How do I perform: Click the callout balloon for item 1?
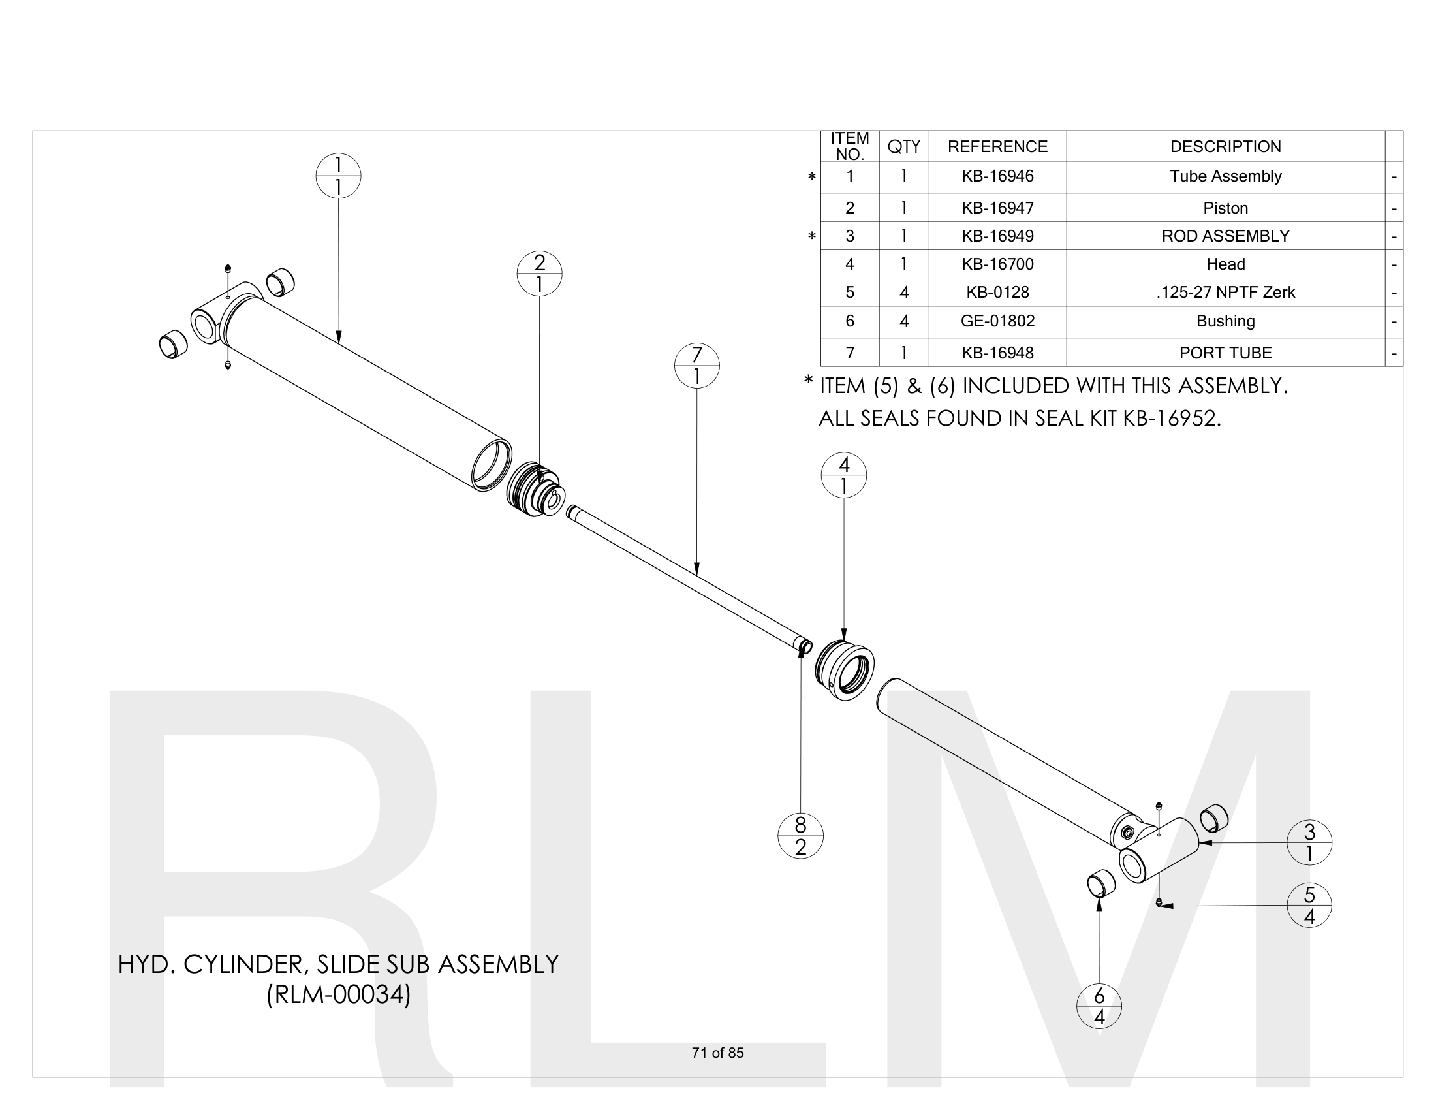(x=338, y=176)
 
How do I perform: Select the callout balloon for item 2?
(x=539, y=274)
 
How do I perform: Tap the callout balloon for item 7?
(x=697, y=366)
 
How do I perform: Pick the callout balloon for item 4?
(x=843, y=475)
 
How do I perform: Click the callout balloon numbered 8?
(x=800, y=836)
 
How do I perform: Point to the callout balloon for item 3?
(x=1309, y=842)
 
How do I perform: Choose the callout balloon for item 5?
(x=1309, y=906)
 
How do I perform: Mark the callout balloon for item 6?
(x=1099, y=1006)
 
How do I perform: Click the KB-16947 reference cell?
(x=997, y=208)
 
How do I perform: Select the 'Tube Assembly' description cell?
(x=1225, y=176)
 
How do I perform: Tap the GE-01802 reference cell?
(x=997, y=321)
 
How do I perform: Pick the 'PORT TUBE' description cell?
(x=1225, y=353)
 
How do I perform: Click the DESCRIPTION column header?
(x=1225, y=146)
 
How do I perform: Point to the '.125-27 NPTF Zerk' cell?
(x=1225, y=292)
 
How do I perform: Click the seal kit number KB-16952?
(x=1171, y=419)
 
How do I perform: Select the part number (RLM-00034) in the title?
(x=339, y=994)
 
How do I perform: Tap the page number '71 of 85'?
(x=717, y=1053)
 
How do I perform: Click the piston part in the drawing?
(x=533, y=489)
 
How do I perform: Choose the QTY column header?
(x=903, y=146)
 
